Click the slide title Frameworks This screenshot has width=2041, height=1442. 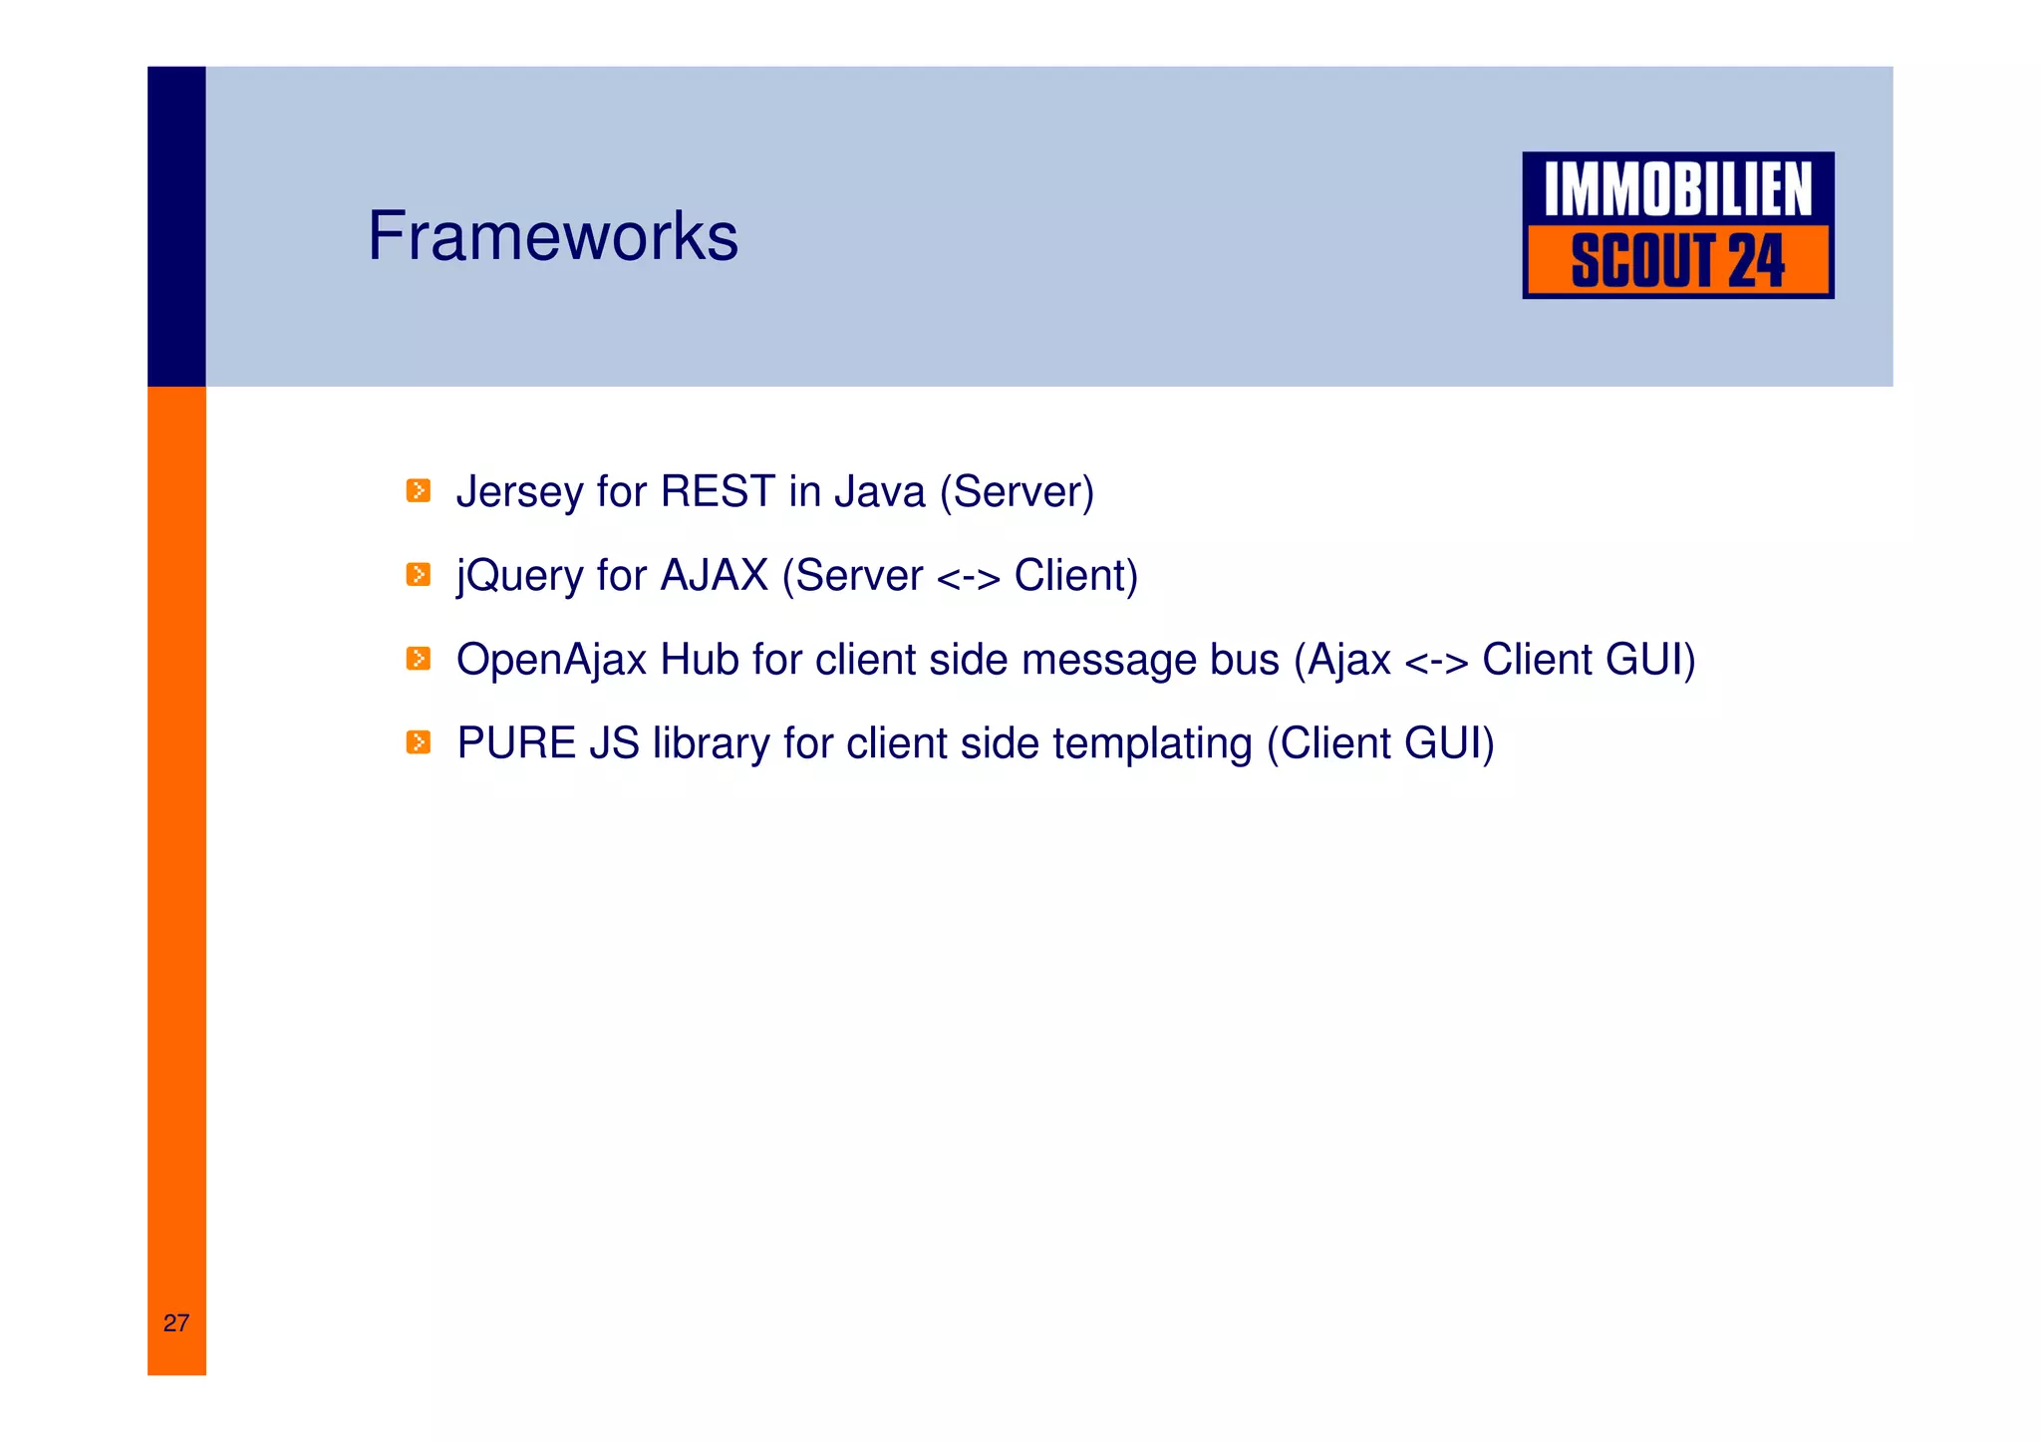(x=553, y=237)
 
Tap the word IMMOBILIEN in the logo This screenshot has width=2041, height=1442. (x=1677, y=190)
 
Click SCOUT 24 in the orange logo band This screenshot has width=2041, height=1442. (x=1677, y=261)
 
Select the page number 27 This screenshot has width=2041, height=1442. (x=176, y=1323)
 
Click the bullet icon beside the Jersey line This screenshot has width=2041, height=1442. (x=419, y=491)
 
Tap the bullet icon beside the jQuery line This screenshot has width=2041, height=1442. (x=419, y=575)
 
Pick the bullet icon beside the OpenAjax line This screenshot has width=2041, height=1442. (x=419, y=659)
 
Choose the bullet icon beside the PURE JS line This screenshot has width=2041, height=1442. (x=419, y=742)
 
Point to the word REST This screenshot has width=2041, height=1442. (x=718, y=491)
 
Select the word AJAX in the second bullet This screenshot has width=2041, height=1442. (x=714, y=575)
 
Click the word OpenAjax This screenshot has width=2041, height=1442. (x=551, y=661)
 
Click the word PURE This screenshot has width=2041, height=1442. (x=516, y=743)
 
